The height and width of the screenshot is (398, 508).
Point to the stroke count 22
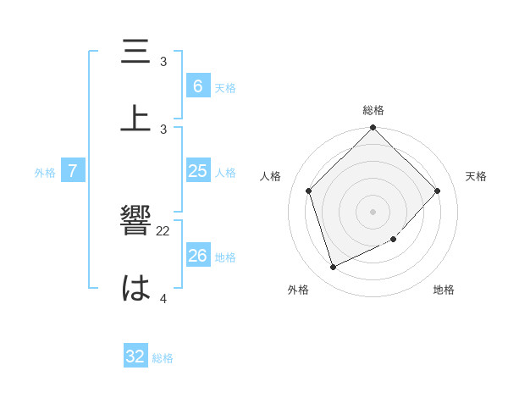pos(163,230)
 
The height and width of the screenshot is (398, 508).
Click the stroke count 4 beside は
pos(163,298)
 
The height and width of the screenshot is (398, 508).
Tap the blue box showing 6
pos(197,86)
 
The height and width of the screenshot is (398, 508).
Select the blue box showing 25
pos(197,171)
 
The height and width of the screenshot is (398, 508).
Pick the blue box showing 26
pos(197,256)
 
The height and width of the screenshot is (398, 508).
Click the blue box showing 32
pos(135,357)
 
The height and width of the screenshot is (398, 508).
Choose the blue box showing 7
pos(73,171)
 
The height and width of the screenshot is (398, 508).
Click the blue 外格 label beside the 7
pos(45,173)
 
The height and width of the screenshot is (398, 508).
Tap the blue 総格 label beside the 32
pos(163,358)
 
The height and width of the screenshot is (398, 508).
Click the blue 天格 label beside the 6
pos(225,87)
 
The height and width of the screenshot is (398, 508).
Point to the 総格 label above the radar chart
pos(373,110)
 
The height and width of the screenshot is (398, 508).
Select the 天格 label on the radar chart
pos(476,176)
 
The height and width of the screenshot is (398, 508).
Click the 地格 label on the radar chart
pos(444,290)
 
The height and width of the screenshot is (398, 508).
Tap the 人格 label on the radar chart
pos(271,176)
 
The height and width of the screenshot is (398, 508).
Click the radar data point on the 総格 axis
pos(373,129)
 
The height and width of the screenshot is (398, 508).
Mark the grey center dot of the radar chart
pos(373,211)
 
